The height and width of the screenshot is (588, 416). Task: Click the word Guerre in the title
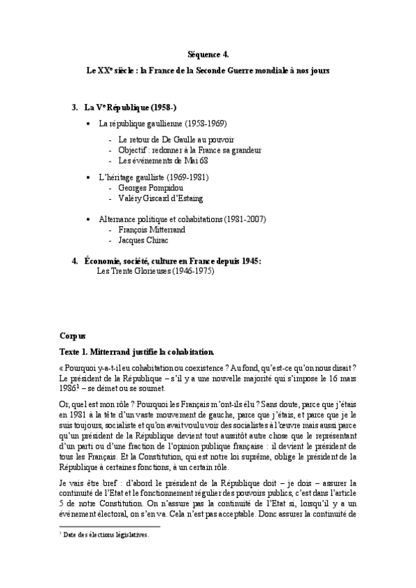point(256,71)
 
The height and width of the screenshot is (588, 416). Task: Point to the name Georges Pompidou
point(153,188)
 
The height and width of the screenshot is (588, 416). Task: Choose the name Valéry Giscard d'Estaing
point(160,198)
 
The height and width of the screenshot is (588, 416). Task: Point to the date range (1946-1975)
point(190,271)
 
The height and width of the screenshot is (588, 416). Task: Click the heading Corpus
point(72,334)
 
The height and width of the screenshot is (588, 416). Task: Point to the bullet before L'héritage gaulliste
point(87,178)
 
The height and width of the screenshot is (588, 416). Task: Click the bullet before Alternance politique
point(87,219)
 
